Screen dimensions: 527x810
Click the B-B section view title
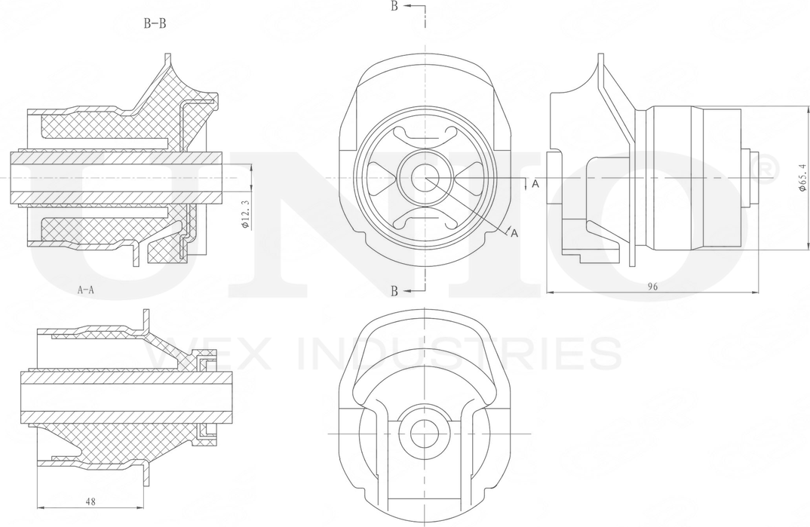155,23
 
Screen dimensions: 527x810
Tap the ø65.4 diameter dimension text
802,178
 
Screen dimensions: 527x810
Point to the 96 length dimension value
654,286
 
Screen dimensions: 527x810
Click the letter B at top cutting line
394,7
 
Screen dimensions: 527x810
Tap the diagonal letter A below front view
514,234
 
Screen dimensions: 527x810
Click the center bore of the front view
425,179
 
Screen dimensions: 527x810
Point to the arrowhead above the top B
407,5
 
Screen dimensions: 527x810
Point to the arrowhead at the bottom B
407,290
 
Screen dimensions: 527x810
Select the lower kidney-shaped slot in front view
425,222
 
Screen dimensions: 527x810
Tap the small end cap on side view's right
751,179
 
